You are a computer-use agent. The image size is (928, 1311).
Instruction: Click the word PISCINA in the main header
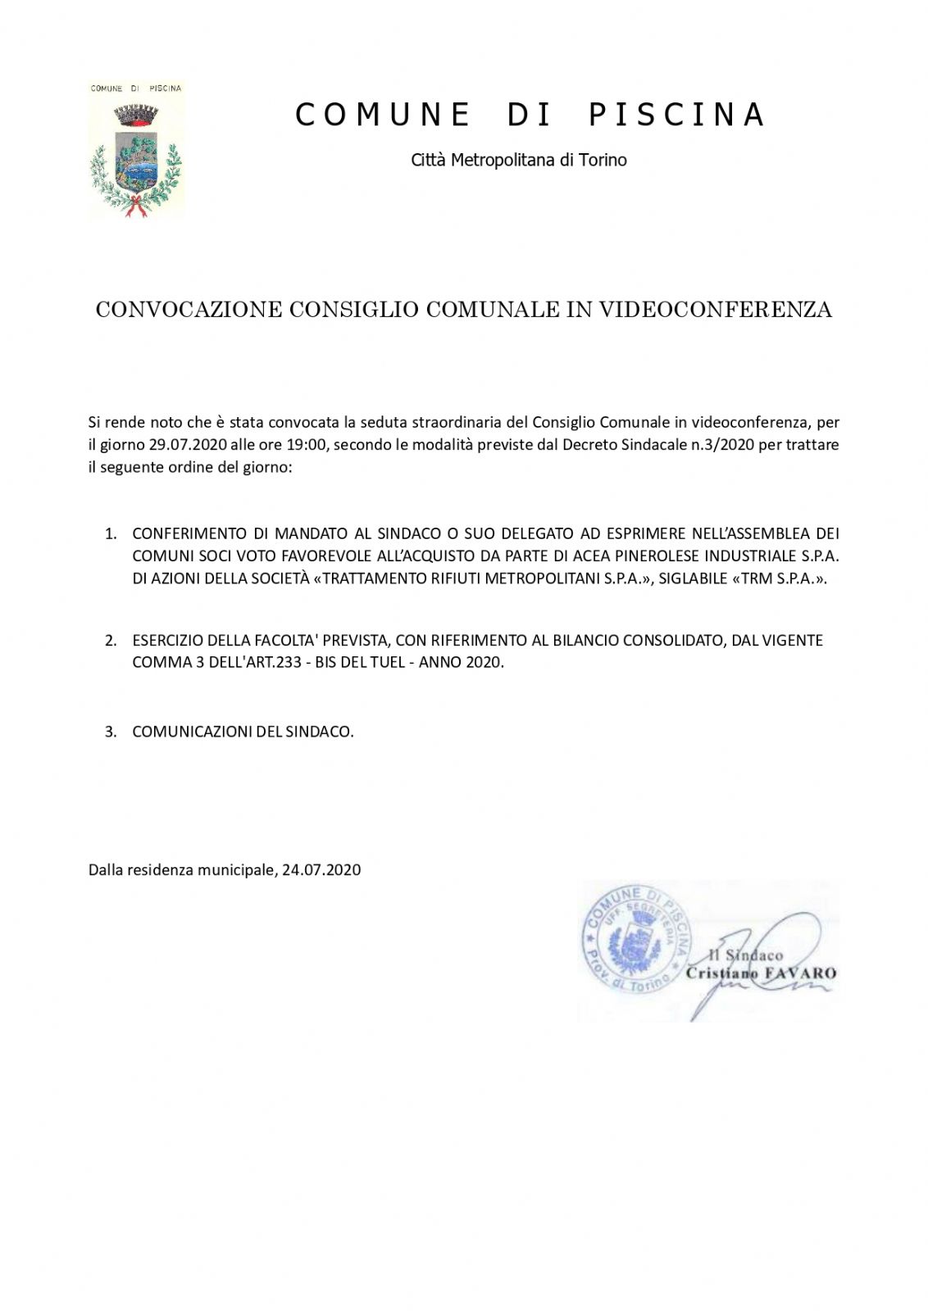676,116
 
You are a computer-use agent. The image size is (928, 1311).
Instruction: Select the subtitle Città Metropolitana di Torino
518,161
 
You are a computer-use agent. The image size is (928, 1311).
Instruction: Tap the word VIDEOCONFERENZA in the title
715,310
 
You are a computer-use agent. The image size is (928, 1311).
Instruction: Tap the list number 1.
111,534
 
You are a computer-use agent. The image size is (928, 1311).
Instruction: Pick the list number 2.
111,641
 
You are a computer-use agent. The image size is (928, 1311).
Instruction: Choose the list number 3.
111,732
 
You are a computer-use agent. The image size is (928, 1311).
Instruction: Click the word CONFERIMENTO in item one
189,534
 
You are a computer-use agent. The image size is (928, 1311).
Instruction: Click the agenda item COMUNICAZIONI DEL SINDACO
243,732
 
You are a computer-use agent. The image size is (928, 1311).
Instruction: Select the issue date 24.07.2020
321,870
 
